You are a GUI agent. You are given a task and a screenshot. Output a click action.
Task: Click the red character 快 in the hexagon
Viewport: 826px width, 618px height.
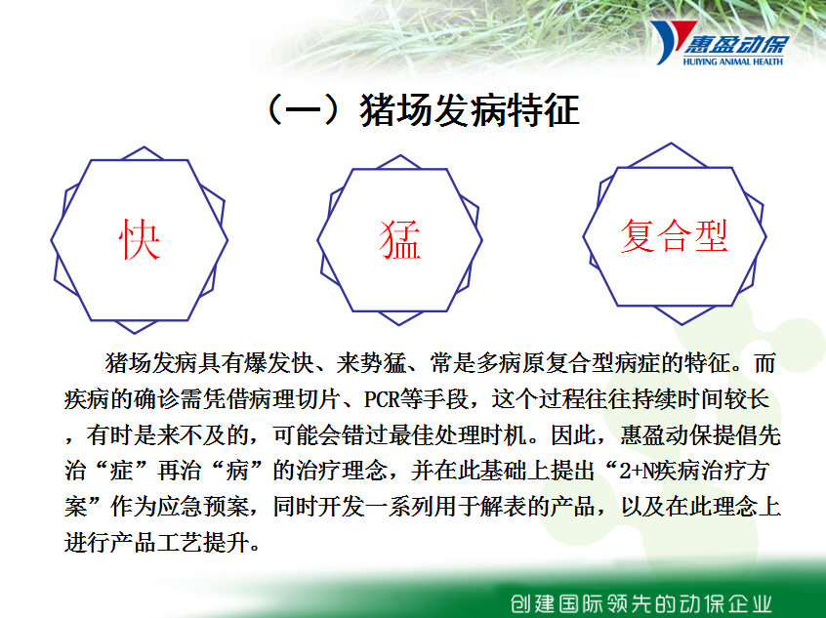click(140, 240)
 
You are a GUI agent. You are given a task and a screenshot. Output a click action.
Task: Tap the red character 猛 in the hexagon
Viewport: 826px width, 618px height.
click(400, 240)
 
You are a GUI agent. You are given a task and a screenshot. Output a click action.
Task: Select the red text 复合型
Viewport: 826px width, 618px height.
click(675, 236)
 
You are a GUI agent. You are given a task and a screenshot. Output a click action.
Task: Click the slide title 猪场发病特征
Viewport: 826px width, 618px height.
click(470, 110)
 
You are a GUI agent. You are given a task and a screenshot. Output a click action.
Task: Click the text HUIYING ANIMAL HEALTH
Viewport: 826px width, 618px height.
click(733, 62)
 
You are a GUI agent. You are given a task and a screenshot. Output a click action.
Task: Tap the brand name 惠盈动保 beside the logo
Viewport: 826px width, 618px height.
click(736, 45)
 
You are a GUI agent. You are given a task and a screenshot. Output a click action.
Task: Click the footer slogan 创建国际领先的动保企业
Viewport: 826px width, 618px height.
click(641, 603)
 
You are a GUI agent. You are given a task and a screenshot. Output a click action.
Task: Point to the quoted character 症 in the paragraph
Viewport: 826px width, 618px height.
click(122, 471)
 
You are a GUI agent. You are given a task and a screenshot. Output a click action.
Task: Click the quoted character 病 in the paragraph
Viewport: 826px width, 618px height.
click(237, 471)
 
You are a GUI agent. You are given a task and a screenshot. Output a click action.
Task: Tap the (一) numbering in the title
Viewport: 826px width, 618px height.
click(304, 110)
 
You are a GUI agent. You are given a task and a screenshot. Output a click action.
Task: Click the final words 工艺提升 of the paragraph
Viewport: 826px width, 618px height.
click(203, 542)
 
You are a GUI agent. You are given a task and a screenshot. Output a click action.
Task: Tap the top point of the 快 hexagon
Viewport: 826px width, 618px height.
click(144, 147)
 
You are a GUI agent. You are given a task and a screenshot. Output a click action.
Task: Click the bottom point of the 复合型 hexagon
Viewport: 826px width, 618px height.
click(681, 324)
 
